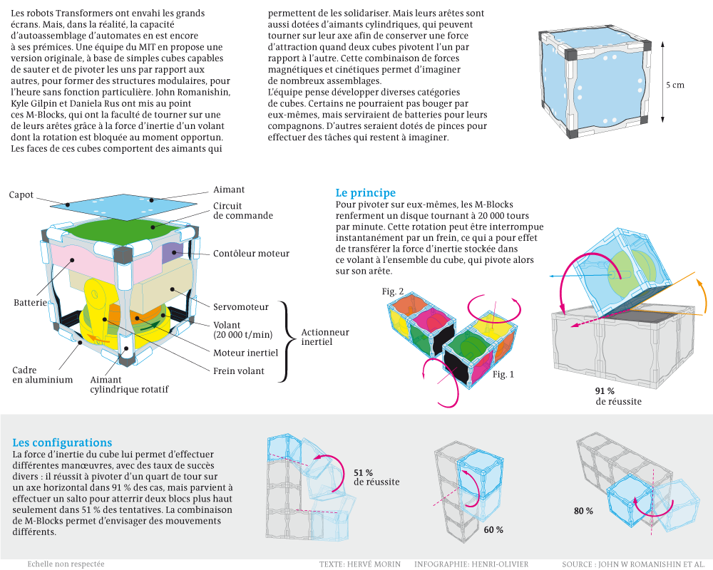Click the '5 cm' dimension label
[674, 85]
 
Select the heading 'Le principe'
[365, 193]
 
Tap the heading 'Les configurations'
[62, 442]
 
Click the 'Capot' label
[21, 195]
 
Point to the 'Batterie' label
[31, 303]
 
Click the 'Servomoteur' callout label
[241, 307]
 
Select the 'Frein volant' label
[239, 370]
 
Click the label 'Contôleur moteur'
[251, 253]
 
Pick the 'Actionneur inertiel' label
[324, 337]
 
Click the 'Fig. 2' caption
[393, 291]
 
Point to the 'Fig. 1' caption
[503, 374]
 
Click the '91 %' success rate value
[605, 391]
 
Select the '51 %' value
[364, 472]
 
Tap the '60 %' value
[493, 530]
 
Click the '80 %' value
[583, 511]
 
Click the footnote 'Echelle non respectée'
[66, 564]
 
